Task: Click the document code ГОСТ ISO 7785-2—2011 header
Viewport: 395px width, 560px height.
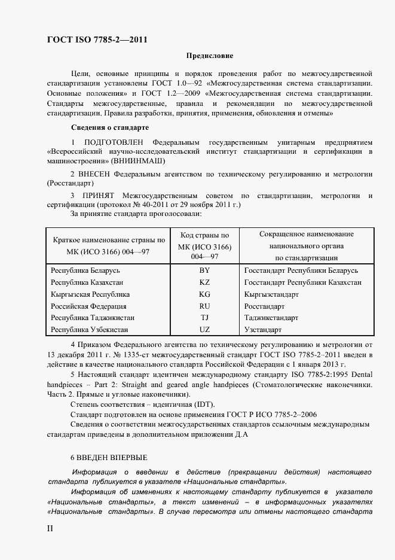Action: click(97, 40)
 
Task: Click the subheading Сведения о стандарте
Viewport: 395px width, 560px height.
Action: click(111, 127)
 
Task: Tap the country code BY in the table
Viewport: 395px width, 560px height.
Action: click(204, 271)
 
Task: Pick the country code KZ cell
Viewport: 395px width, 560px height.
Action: click(204, 282)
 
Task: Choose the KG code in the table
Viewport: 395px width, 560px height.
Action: click(204, 294)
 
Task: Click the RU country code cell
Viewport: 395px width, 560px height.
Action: click(204, 306)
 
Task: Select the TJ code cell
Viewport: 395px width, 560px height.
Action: click(204, 318)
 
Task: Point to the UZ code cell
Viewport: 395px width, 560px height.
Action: click(204, 330)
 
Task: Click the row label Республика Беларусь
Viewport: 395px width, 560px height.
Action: click(85, 271)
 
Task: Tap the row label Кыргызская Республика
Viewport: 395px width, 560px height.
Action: click(90, 294)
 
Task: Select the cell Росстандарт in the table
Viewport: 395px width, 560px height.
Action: click(264, 306)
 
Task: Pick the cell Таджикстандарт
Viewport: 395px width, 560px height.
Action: click(271, 318)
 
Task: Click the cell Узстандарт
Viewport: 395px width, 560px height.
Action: click(263, 330)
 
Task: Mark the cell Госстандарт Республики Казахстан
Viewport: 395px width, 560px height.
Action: click(302, 282)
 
